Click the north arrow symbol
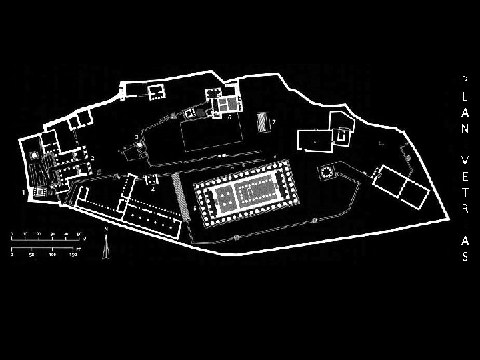pyautogui.click(x=105, y=250)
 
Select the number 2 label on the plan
pyautogui.click(x=93, y=157)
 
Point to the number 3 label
pyautogui.click(x=137, y=137)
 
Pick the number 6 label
pyautogui.click(x=229, y=116)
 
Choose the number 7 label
pyautogui.click(x=273, y=122)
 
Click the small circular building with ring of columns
pyautogui.click(x=327, y=173)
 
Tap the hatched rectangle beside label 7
pyautogui.click(x=262, y=123)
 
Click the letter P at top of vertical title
pyautogui.click(x=465, y=79)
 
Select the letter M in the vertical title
pyautogui.click(x=465, y=161)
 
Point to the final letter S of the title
pyautogui.click(x=465, y=257)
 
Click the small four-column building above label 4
pyautogui.click(x=151, y=179)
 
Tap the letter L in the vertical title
pyautogui.click(x=465, y=96)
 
